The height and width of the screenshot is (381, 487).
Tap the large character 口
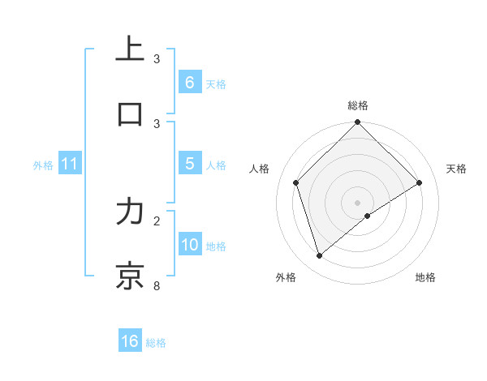[x=131, y=113]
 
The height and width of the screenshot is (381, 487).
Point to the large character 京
[x=131, y=275]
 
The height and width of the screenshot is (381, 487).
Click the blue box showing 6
[x=189, y=83]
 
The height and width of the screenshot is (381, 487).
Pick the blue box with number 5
[x=189, y=165]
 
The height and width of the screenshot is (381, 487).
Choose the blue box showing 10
[x=190, y=246]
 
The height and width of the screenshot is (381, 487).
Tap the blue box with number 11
[x=70, y=165]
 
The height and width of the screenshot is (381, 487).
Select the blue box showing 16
[x=130, y=341]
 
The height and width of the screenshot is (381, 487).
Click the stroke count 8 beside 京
[x=157, y=286]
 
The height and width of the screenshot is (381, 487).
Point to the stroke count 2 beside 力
[x=157, y=220]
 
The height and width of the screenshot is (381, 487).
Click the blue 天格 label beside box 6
[x=216, y=83]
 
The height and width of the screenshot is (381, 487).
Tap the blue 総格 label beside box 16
[x=156, y=342]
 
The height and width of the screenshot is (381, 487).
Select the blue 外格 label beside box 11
[x=43, y=165]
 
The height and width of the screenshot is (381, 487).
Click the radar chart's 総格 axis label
[x=358, y=105]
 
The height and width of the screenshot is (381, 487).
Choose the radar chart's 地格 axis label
[x=425, y=277]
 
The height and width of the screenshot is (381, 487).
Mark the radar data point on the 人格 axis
[x=296, y=182]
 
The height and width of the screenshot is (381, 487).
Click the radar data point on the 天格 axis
[x=420, y=182]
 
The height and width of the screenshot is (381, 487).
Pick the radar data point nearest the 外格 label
[x=320, y=256]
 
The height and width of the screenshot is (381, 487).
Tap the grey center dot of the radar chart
[x=358, y=202]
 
